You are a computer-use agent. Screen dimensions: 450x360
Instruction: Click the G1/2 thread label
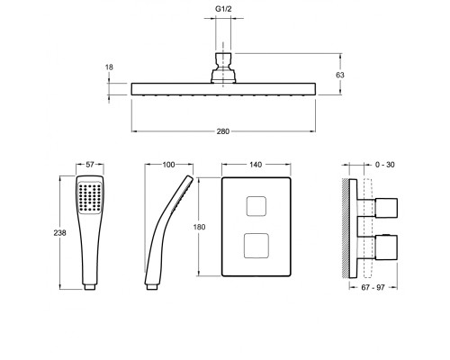(223, 9)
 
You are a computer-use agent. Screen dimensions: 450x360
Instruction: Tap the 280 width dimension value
(223, 131)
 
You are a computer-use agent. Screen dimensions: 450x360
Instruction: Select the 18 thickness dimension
(109, 67)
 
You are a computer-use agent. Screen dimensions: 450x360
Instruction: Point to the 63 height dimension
(340, 75)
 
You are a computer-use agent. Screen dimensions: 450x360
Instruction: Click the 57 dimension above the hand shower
(90, 165)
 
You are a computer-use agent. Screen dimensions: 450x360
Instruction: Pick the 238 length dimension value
(59, 232)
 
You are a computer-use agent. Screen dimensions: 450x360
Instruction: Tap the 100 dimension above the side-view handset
(168, 165)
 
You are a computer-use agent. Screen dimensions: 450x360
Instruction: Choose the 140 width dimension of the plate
(256, 165)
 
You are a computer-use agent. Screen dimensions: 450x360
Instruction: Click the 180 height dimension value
(199, 227)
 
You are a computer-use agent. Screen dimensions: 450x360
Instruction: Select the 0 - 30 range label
(385, 165)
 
